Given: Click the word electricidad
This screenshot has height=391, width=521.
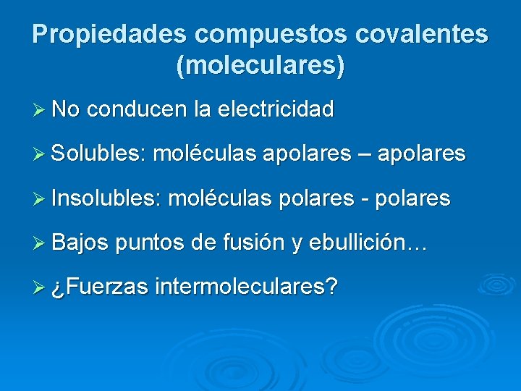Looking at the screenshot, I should click(x=275, y=110).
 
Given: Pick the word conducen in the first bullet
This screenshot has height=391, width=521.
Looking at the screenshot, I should click(x=137, y=110).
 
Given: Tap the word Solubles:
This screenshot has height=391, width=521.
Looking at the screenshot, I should click(x=99, y=154).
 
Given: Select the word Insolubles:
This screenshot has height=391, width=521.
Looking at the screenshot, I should click(x=106, y=198).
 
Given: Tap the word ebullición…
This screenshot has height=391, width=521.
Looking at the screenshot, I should click(x=369, y=243).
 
